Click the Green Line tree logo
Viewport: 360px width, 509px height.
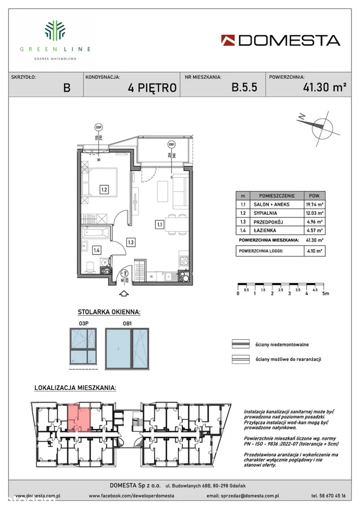(55, 30)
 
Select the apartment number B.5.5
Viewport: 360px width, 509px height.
(244, 88)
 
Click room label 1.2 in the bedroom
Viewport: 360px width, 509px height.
(104, 190)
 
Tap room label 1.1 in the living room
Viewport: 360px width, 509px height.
(160, 224)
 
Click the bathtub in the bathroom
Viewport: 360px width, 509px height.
(98, 232)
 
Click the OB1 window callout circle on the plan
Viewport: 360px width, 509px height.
(171, 145)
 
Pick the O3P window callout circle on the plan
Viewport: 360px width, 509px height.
(99, 127)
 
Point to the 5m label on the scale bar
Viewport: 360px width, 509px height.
(326, 294)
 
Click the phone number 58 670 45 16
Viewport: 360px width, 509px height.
(328, 496)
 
